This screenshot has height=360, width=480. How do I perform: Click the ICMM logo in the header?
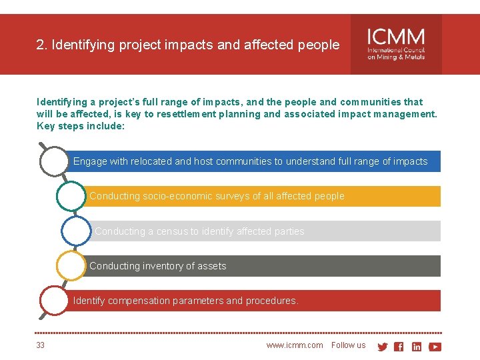[396, 44]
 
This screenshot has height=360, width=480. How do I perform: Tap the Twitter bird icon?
[383, 347]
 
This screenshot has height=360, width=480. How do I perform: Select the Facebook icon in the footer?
[399, 347]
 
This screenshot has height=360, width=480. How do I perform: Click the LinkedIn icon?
[417, 347]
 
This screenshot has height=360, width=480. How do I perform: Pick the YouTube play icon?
[435, 347]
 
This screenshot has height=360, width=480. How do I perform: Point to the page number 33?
[41, 345]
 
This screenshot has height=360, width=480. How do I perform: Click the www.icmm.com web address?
[294, 345]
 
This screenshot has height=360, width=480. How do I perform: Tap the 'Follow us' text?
[348, 345]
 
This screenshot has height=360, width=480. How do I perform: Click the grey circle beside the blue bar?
[54, 161]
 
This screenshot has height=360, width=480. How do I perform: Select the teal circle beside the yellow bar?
[71, 196]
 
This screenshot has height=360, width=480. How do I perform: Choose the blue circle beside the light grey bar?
[75, 231]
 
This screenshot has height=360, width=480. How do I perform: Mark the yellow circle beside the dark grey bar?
[71, 266]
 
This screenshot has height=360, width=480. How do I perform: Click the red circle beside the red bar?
[54, 301]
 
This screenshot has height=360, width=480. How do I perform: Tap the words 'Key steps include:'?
[81, 126]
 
